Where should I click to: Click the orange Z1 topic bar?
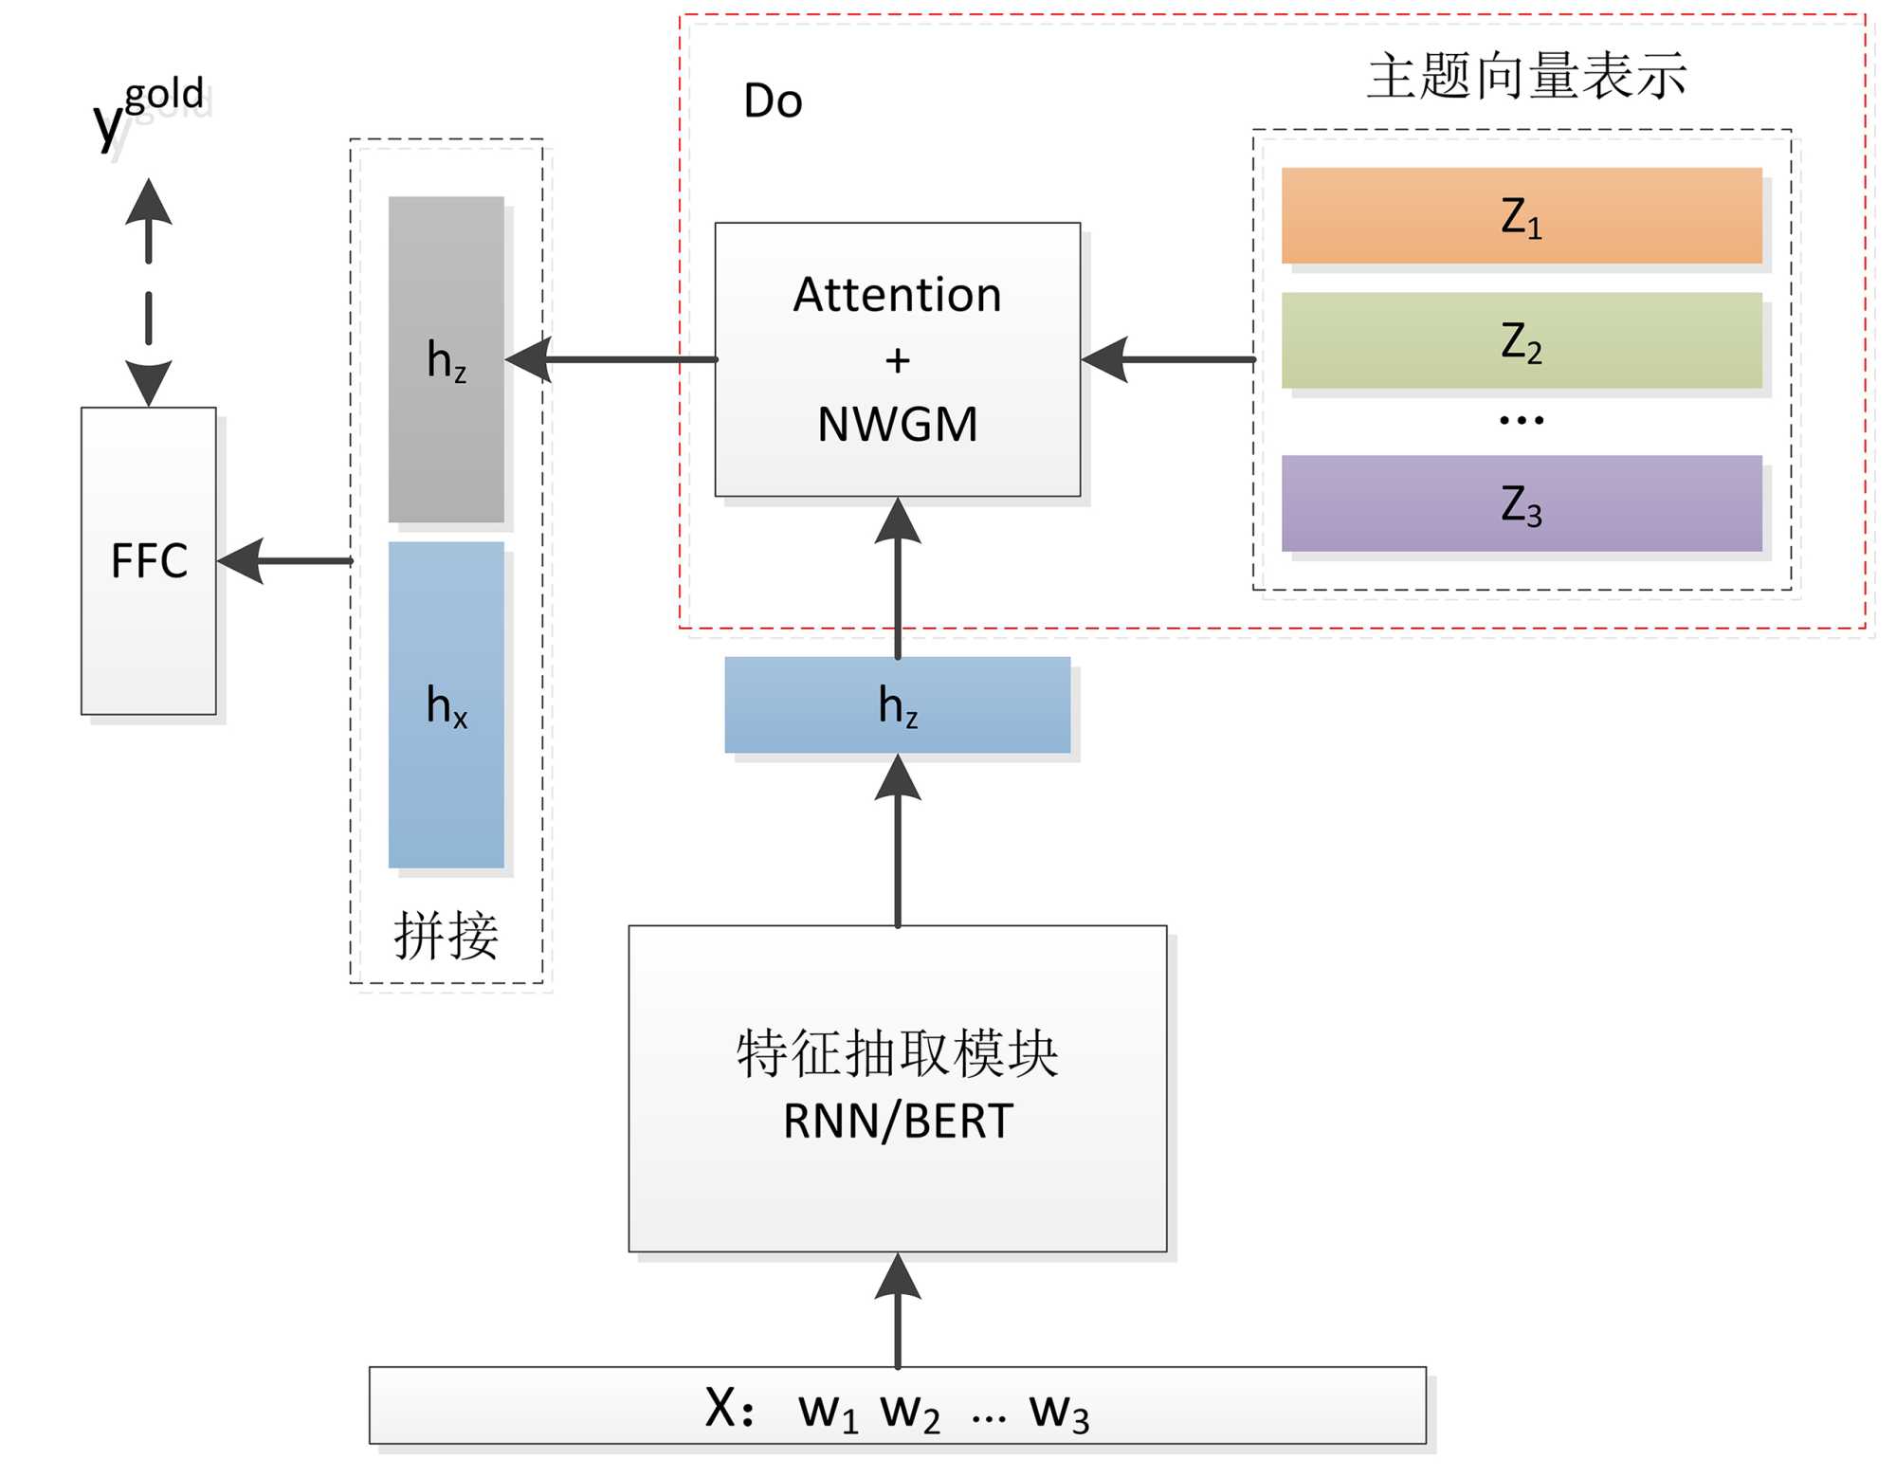pyautogui.click(x=1521, y=216)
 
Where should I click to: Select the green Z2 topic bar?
pyautogui.click(x=1521, y=340)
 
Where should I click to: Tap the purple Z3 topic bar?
pyautogui.click(x=1521, y=503)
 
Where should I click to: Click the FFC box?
pyautogui.click(x=149, y=560)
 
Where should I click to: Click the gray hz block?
pyautogui.click(x=446, y=359)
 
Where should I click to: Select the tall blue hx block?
pyautogui.click(x=446, y=704)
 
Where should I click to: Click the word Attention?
pyautogui.click(x=897, y=295)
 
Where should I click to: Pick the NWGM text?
pyautogui.click(x=897, y=424)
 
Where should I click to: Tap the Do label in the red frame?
pyautogui.click(x=773, y=101)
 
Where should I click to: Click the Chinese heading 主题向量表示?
pyautogui.click(x=1526, y=77)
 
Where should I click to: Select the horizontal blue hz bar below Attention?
pyautogui.click(x=897, y=704)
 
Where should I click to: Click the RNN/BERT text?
pyautogui.click(x=897, y=1122)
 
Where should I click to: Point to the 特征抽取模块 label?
pyautogui.click(x=897, y=1053)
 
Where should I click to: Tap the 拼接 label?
pyautogui.click(x=446, y=936)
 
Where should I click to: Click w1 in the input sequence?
pyautogui.click(x=828, y=1411)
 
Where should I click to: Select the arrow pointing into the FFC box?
pyautogui.click(x=284, y=561)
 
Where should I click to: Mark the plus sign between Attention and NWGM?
pyautogui.click(x=897, y=360)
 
